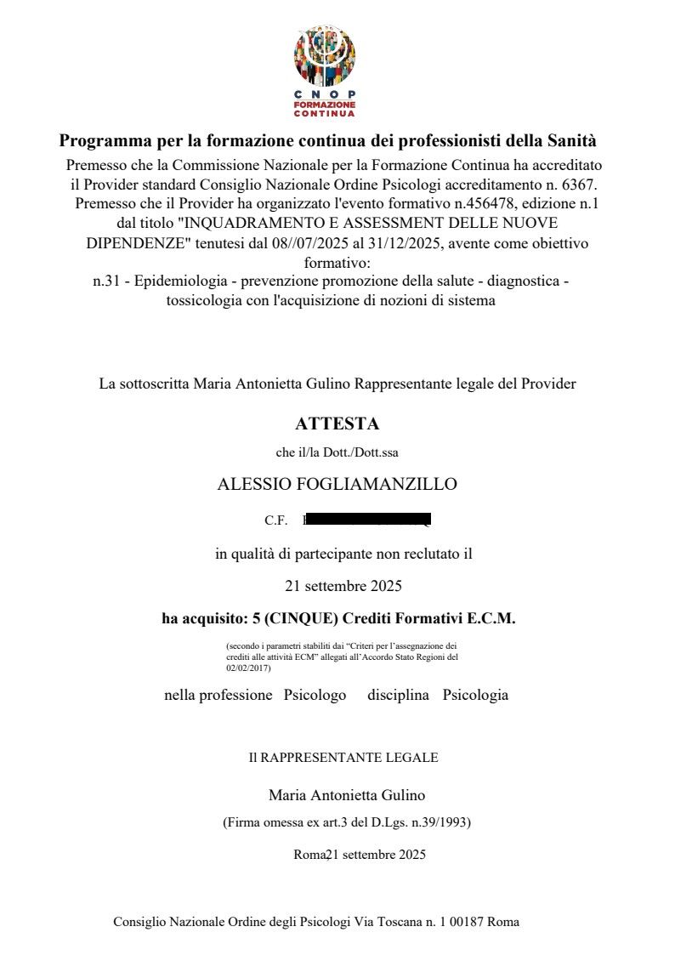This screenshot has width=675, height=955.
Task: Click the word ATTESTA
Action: click(x=337, y=423)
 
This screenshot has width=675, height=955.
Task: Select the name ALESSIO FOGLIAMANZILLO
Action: click(x=337, y=485)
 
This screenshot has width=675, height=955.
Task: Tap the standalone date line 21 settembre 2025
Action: click(x=343, y=586)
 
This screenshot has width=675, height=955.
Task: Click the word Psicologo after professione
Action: click(x=315, y=695)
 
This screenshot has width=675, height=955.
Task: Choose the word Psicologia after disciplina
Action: click(x=475, y=695)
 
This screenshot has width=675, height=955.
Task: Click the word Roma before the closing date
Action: click(x=309, y=855)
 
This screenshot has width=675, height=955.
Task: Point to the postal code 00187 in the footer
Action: click(x=468, y=922)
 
